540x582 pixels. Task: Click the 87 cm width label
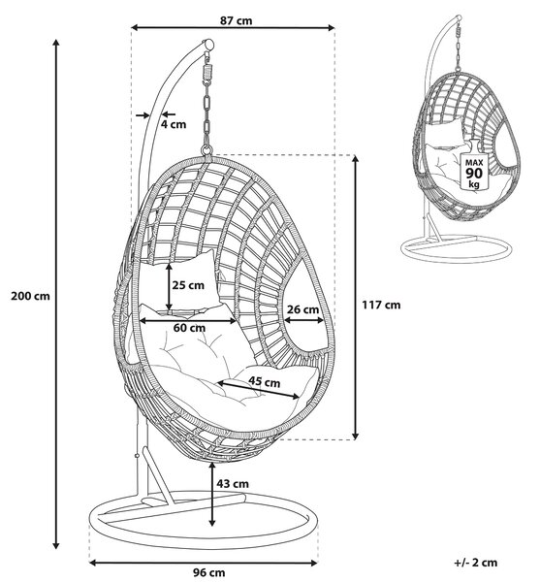point(236,20)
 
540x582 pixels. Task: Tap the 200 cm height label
point(30,296)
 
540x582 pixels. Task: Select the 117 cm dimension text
point(381,305)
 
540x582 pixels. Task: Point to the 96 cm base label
point(208,572)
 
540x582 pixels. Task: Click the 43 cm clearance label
point(233,484)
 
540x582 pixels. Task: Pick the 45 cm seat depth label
point(264,381)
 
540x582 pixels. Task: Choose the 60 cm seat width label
point(189,328)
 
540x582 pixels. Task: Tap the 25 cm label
point(188,285)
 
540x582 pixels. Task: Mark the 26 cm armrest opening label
point(303,309)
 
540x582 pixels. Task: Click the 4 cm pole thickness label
point(174,124)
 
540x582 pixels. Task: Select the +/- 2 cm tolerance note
point(475,563)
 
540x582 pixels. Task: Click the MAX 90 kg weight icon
point(474,165)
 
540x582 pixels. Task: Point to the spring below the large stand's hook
point(207,72)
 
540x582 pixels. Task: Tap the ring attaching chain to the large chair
point(206,150)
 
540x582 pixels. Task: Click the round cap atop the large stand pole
point(208,45)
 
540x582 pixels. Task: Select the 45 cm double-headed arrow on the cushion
point(259,390)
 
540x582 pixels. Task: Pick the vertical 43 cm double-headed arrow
point(211,494)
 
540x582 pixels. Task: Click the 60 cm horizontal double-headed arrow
point(188,320)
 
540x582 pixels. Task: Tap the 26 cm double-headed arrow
point(303,320)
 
